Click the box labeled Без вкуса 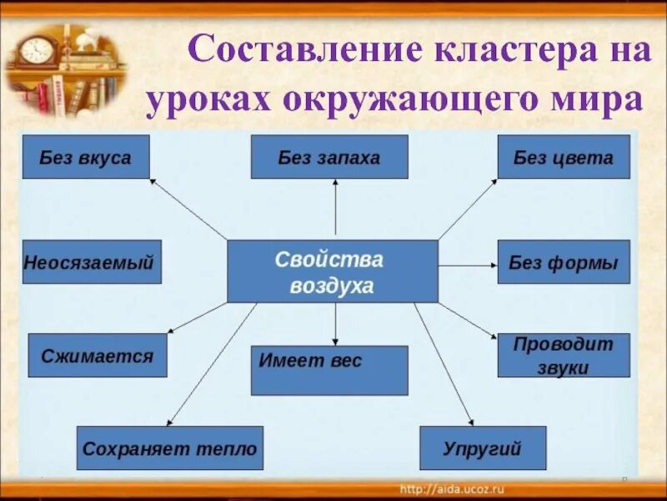(86, 157)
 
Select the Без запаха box (329, 157)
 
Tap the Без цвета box (564, 157)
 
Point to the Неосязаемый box (92, 262)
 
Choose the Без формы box (564, 262)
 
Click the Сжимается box (98, 355)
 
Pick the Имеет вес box (329, 370)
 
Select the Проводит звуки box (564, 355)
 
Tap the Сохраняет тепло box (170, 448)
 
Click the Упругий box (483, 448)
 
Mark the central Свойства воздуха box (333, 271)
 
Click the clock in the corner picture (36, 50)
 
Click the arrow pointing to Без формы (467, 265)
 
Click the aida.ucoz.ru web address (453, 488)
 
